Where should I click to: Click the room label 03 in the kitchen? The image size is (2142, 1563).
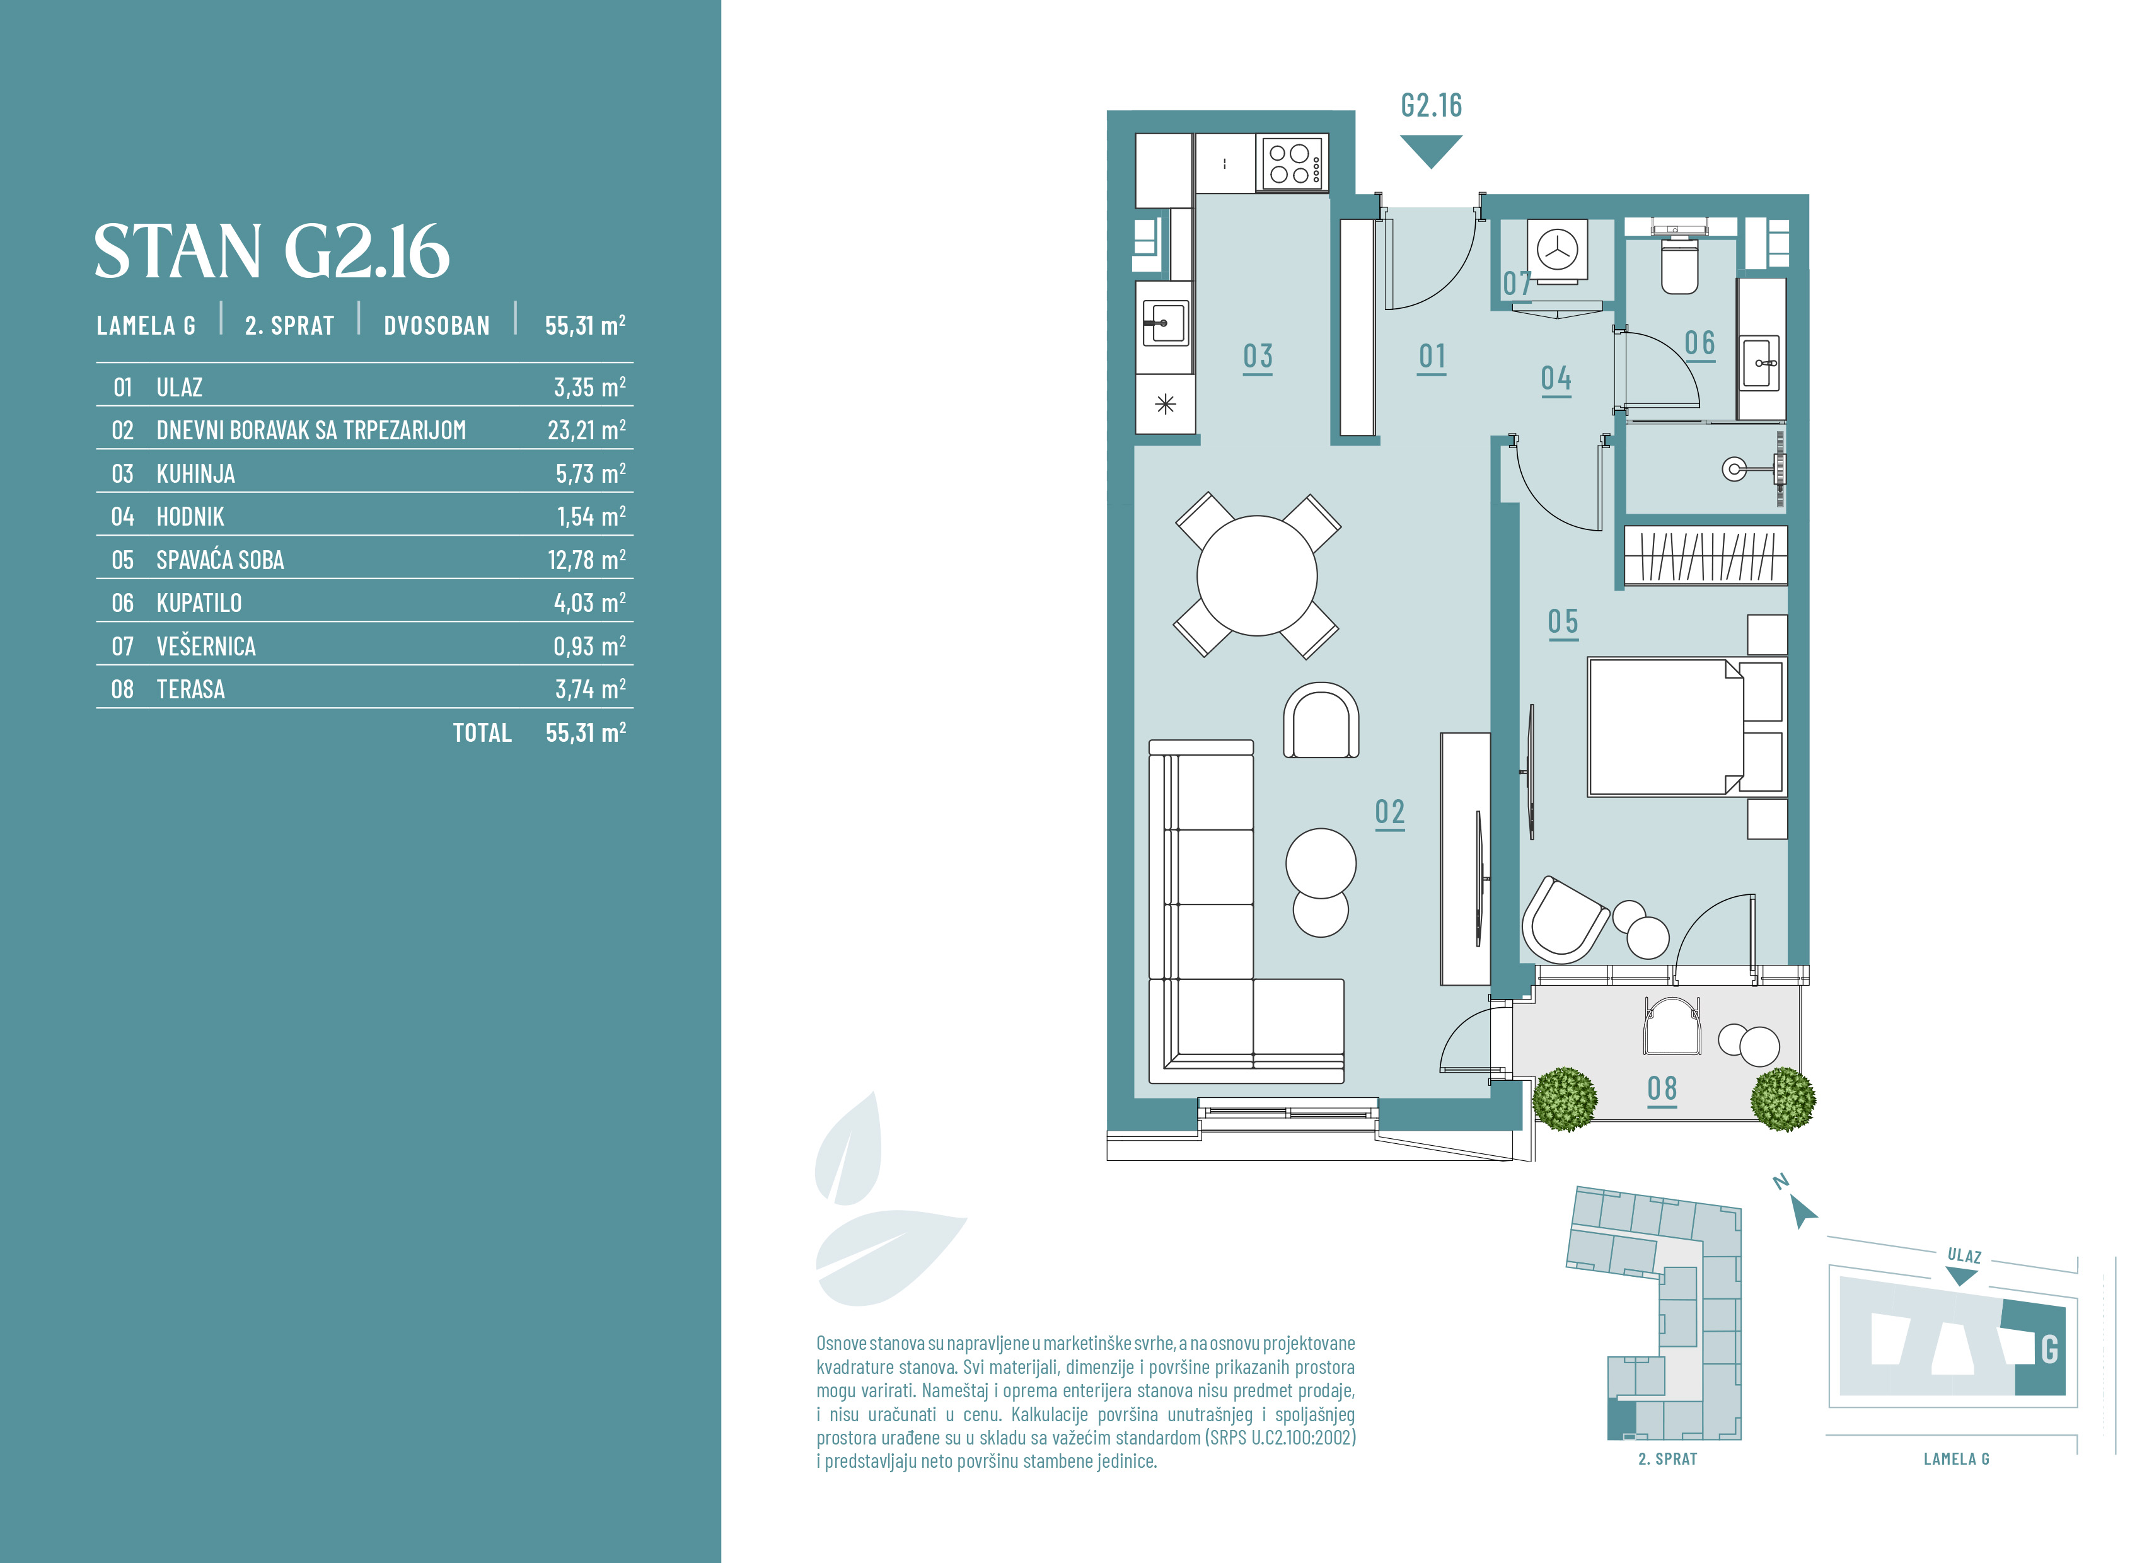[1258, 357]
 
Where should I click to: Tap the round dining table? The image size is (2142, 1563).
[1256, 575]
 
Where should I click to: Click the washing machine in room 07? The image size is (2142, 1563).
[1556, 251]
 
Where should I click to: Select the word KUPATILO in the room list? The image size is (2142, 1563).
[199, 603]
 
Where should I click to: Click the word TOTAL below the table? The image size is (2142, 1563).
[482, 733]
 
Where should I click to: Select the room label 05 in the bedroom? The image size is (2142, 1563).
[1563, 623]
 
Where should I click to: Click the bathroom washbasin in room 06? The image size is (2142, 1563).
[1761, 362]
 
